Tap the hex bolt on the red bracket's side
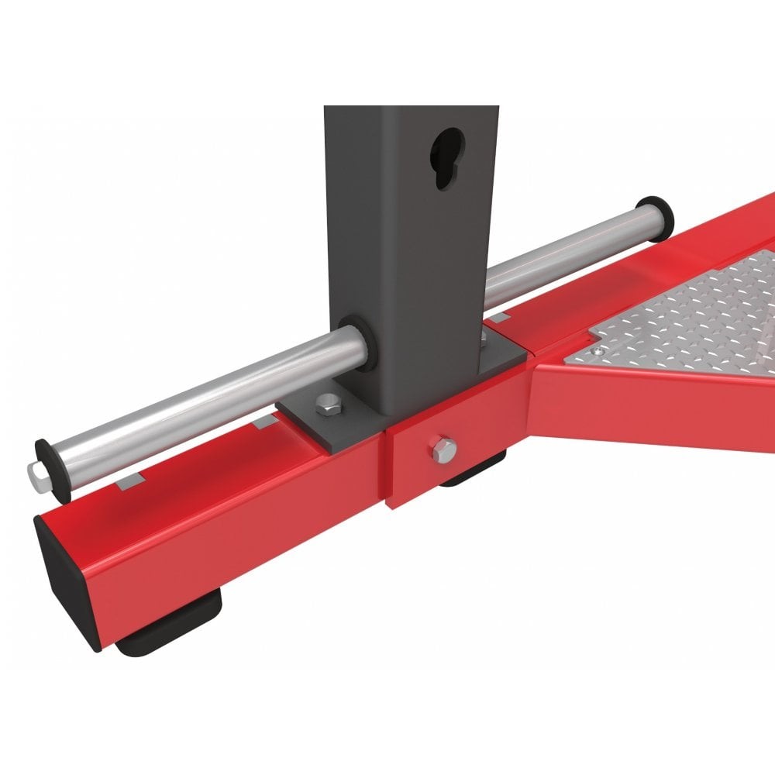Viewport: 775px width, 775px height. pyautogui.click(x=443, y=449)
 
